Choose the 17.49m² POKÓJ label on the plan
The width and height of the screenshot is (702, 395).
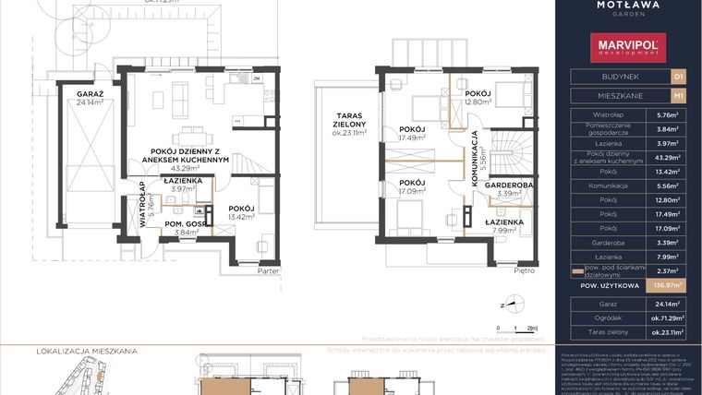[411, 133]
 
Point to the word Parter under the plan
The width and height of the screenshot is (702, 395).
[268, 271]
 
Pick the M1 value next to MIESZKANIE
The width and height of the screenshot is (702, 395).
[678, 95]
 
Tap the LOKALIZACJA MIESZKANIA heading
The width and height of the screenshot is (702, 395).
[87, 352]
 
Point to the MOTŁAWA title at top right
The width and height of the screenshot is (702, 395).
[629, 6]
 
